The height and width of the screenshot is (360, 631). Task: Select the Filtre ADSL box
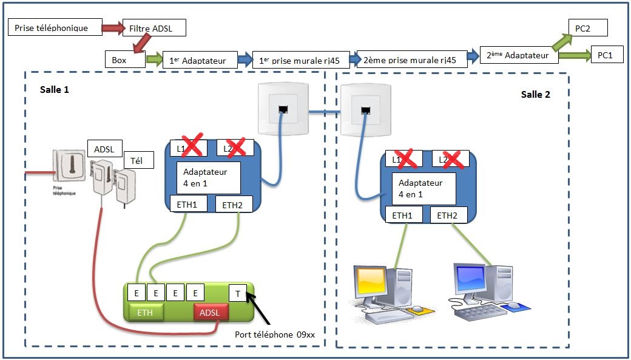click(154, 28)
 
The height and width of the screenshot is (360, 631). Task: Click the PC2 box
click(587, 27)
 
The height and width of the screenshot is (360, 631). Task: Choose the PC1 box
click(604, 55)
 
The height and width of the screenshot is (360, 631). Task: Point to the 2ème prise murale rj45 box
click(411, 58)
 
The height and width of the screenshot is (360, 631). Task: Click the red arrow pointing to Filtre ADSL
click(112, 28)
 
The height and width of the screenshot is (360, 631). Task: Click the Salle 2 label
click(536, 95)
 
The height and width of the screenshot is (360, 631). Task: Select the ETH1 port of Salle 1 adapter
click(187, 204)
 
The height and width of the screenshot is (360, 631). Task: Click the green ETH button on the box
click(146, 312)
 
